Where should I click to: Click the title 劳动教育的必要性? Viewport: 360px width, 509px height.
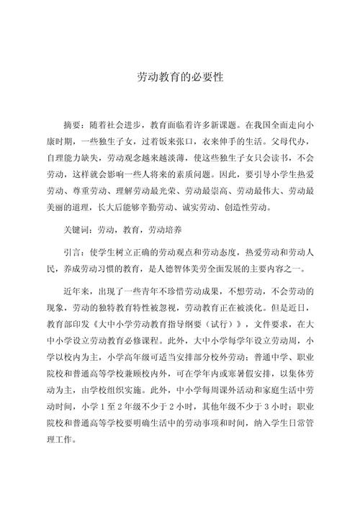(x=180, y=76)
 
